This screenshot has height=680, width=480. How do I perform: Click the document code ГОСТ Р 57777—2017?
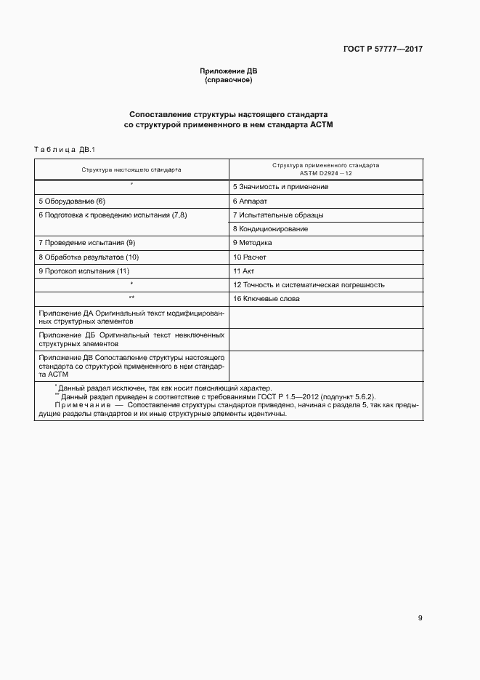(383, 49)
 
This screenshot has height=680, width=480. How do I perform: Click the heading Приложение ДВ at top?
(229, 71)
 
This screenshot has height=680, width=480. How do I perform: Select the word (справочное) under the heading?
(229, 80)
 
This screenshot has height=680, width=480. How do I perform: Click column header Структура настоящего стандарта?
(131, 169)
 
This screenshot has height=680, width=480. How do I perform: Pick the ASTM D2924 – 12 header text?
(326, 174)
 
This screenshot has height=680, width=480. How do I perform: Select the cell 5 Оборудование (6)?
(71, 201)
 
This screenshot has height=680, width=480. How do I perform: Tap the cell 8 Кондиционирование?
(270, 229)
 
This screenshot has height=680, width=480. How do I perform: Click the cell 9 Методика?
(253, 243)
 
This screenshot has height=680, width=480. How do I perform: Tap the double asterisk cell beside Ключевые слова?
(131, 299)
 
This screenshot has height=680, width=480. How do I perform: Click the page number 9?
(420, 618)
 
